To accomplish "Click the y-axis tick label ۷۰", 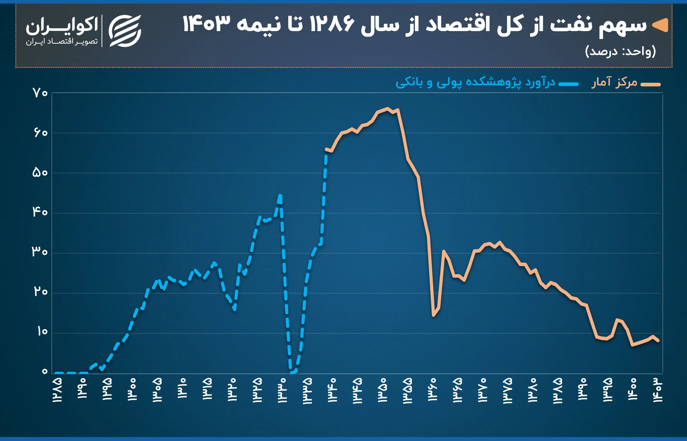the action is [x=40, y=93].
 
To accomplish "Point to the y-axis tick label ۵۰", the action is [x=40, y=173].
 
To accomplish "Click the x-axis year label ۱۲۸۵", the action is [x=57, y=390].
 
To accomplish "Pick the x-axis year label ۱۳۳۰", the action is [x=282, y=390].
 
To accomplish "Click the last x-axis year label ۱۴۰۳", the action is [x=658, y=390].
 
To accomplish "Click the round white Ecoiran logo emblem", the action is [x=125, y=31].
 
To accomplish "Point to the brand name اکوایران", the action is [x=62, y=25].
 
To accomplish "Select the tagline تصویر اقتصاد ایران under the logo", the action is [x=62, y=42].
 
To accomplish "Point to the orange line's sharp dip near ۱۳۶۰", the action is [x=434, y=315].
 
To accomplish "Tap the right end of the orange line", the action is [x=658, y=341].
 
